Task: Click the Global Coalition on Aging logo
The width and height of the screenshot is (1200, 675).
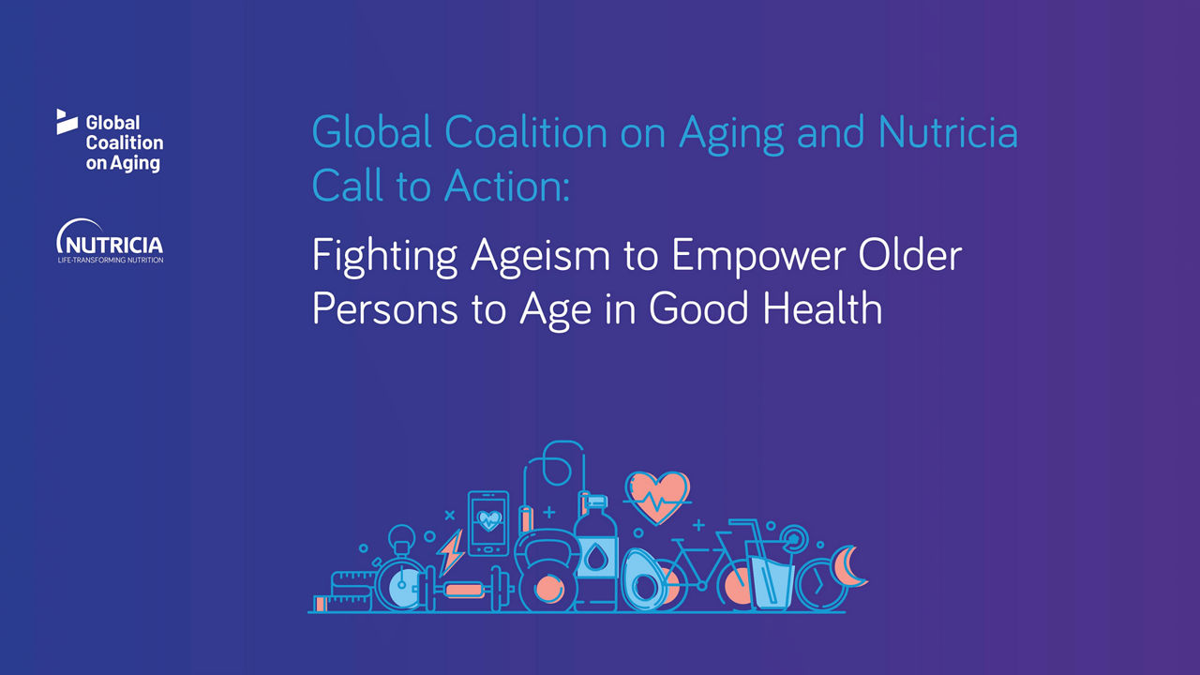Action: tap(110, 141)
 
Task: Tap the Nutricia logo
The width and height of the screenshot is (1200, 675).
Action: tap(110, 241)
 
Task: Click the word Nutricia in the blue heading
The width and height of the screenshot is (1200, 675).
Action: tap(948, 132)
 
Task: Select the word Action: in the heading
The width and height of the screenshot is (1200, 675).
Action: tap(507, 186)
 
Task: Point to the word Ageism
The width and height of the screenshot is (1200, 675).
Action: tap(541, 256)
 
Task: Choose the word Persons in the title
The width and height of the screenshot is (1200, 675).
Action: tap(384, 308)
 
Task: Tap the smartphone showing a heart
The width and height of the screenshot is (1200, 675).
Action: tap(488, 523)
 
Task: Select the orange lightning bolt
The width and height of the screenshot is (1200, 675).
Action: tap(450, 552)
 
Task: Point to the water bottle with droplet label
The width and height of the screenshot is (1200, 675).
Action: tap(595, 553)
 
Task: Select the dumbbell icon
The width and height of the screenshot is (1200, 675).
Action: tap(464, 589)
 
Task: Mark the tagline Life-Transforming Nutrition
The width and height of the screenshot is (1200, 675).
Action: tap(111, 260)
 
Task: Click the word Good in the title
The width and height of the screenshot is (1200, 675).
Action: tap(698, 308)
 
